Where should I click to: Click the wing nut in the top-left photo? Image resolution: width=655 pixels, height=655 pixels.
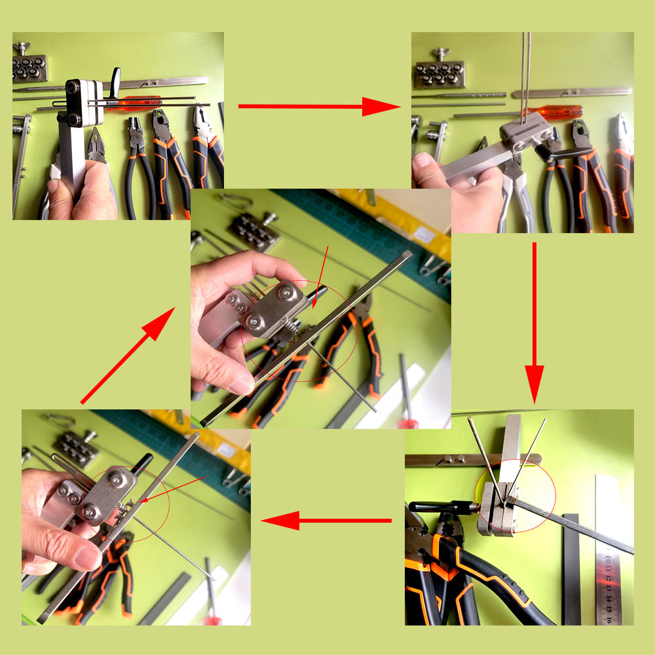pos(24,47)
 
